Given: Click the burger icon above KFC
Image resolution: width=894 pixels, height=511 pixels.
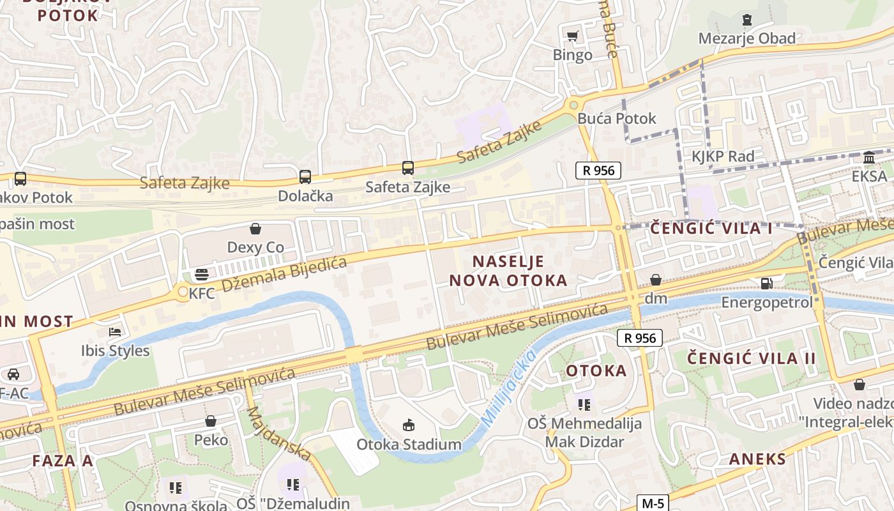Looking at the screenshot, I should point(202,275).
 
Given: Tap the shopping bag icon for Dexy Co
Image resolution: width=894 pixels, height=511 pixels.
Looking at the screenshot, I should point(255,229).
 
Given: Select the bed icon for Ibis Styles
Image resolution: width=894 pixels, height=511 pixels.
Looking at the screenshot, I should point(115,332).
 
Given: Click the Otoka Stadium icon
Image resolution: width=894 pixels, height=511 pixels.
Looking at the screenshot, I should point(409,425).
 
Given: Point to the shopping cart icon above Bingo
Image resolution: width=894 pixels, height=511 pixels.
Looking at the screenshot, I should point(573,36).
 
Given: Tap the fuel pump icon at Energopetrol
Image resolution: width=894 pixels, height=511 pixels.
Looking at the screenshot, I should point(766,283).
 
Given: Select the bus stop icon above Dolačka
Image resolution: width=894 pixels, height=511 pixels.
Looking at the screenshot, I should point(305,177).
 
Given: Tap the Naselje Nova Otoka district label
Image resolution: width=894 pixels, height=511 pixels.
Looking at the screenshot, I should point(508,270).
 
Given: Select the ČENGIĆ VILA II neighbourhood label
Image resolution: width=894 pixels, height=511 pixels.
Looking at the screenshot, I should point(752,358).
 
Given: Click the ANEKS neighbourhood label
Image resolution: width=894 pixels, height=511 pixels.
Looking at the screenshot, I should point(757,459).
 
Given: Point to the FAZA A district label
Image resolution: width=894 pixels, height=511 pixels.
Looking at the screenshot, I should point(63,461).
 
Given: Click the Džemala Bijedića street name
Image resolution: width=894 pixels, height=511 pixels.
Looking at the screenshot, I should point(285,274).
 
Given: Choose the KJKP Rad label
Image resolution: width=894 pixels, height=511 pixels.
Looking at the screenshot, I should point(723,156).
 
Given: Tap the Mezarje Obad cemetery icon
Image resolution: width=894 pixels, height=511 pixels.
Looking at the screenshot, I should point(746,20).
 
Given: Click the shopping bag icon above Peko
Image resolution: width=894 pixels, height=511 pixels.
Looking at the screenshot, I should point(211,421).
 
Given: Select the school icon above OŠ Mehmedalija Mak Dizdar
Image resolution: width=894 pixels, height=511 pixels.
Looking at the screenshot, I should point(584,404).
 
